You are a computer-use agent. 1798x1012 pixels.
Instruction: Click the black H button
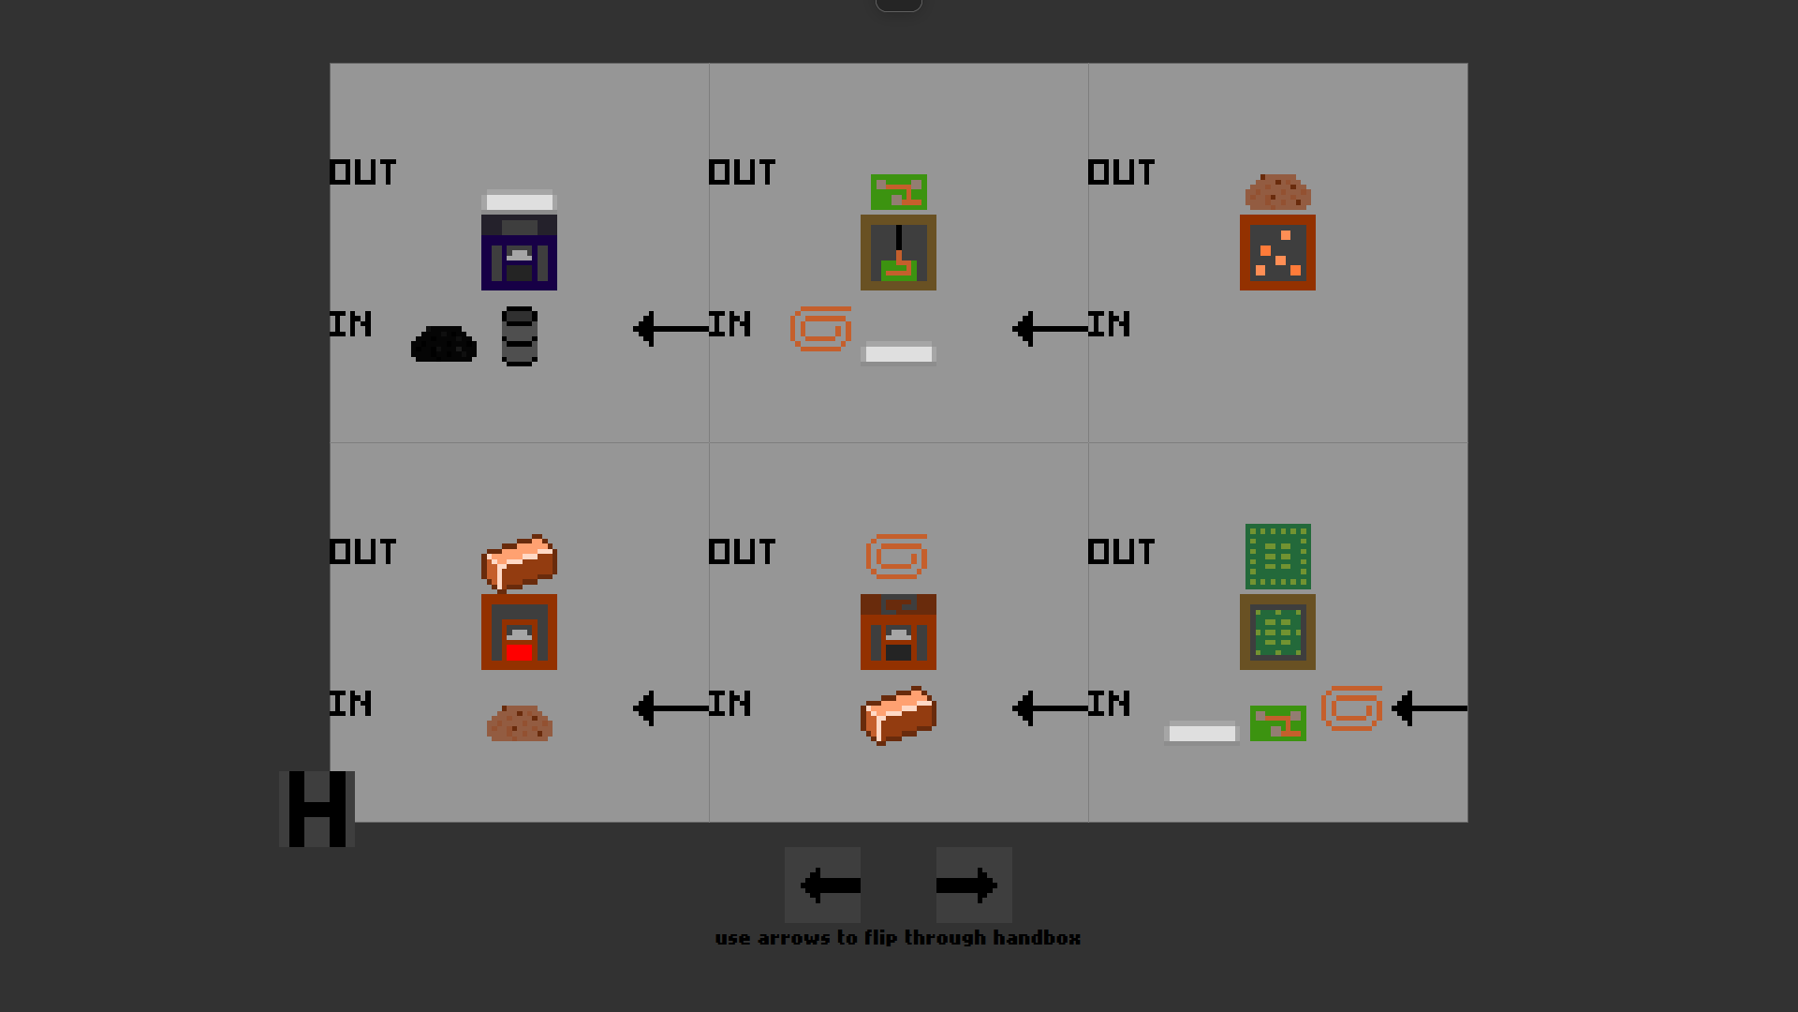coord(317,809)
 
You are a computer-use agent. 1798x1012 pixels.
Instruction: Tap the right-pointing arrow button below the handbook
coord(974,885)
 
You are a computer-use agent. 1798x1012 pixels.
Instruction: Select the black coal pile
coord(444,344)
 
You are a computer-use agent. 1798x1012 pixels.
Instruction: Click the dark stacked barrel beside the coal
coord(519,336)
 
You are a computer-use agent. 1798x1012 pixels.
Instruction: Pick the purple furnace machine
coord(519,252)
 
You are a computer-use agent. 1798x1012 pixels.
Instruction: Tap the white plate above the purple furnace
coord(519,201)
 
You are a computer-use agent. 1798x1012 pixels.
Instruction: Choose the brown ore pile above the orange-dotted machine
coord(1277,192)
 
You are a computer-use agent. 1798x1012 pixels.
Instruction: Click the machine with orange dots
coord(1277,252)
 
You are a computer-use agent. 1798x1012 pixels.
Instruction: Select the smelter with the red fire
coord(519,632)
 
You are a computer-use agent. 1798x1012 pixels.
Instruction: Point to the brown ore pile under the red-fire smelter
coord(519,723)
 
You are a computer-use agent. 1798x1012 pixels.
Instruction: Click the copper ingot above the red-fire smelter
coord(519,561)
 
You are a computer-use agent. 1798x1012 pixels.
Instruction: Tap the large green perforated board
coord(1277,557)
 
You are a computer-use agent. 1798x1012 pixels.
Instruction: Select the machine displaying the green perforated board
coord(1277,632)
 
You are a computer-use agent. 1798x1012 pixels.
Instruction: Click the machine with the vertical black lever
coord(898,252)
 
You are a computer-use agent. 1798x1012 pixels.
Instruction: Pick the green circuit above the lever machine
coord(898,192)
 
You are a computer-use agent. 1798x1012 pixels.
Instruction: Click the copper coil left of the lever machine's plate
coord(820,329)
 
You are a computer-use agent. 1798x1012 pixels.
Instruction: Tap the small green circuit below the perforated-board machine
coord(1277,723)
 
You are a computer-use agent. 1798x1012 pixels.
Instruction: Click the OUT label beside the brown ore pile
coord(1121,172)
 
